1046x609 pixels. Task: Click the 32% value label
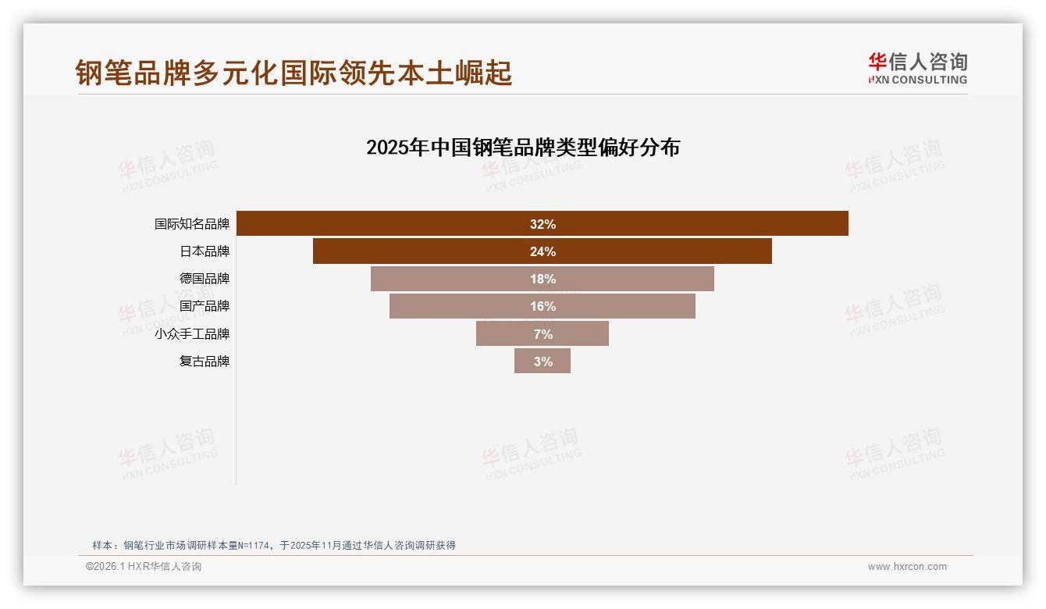[x=543, y=224]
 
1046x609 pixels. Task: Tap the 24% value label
[x=543, y=251]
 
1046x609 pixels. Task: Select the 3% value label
[x=543, y=361]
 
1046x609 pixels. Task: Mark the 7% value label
[x=543, y=334]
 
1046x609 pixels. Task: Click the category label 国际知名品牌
[x=192, y=224]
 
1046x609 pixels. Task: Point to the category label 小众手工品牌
[x=192, y=334]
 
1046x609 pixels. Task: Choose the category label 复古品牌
[x=205, y=361]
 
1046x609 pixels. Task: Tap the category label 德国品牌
[x=205, y=279]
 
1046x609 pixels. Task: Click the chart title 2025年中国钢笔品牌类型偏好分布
[x=523, y=148]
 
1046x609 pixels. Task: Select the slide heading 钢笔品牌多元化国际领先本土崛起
[x=294, y=73]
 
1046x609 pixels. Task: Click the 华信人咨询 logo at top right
[x=917, y=68]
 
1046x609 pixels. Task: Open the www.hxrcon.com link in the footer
[x=907, y=567]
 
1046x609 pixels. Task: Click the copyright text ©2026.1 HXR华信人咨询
[x=144, y=567]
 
